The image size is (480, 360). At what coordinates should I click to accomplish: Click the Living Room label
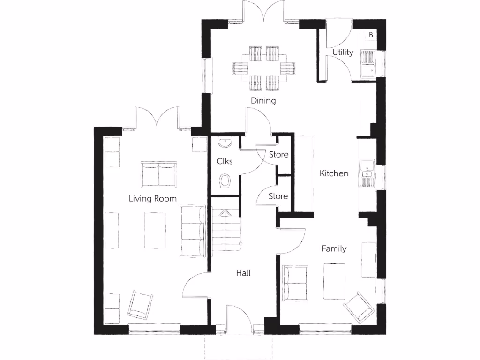point(153,199)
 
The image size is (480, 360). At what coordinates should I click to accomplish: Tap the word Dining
point(263,100)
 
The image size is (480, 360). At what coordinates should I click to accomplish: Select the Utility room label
point(343,52)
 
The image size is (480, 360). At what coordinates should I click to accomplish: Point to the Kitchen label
point(334,173)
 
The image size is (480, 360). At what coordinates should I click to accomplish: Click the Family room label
point(334,248)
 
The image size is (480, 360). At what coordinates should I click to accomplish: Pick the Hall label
point(243,272)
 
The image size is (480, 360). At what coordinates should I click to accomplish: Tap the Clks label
point(225,161)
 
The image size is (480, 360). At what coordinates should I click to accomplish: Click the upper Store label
point(278,154)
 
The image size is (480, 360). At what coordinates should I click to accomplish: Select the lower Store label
point(278,196)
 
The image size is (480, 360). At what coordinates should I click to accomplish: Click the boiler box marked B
point(370,35)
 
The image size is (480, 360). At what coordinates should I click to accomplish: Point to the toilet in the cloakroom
point(225,180)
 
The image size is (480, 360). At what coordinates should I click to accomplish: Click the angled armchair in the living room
point(141,304)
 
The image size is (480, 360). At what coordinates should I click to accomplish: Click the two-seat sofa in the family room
point(295,282)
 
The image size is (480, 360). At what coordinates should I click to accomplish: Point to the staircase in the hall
point(226,230)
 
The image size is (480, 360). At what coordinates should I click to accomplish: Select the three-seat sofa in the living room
point(193,231)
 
